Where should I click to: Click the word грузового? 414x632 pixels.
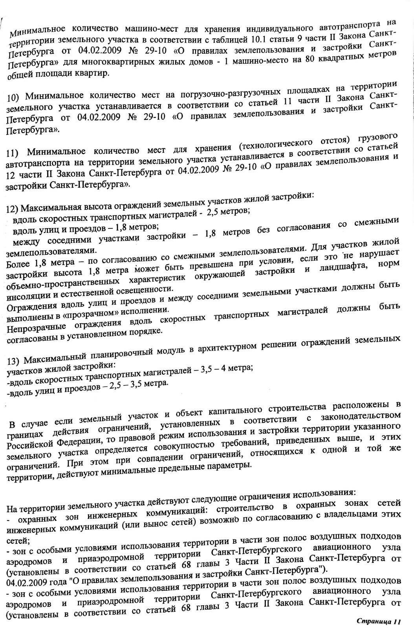(377, 138)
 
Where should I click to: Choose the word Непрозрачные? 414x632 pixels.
(33, 327)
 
